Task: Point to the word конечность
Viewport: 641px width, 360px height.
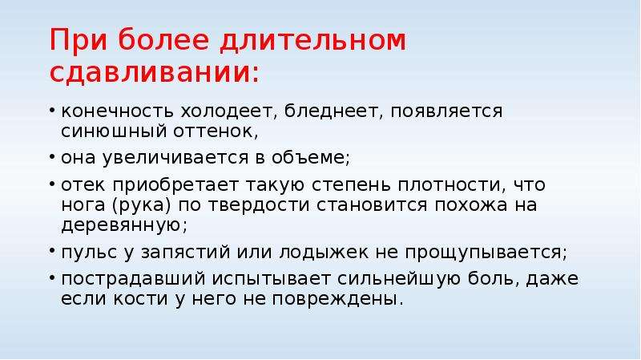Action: coord(116,111)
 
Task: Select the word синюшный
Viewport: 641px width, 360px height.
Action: coord(113,131)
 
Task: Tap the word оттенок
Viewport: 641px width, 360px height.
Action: coord(216,131)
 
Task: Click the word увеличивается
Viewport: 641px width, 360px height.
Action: coord(175,158)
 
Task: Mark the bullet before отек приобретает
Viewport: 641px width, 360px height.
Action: coord(52,184)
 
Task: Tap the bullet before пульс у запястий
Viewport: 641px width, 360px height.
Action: coord(52,250)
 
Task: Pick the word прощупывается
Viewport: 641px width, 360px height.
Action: coord(486,253)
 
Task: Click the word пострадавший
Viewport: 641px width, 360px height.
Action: coord(133,279)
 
